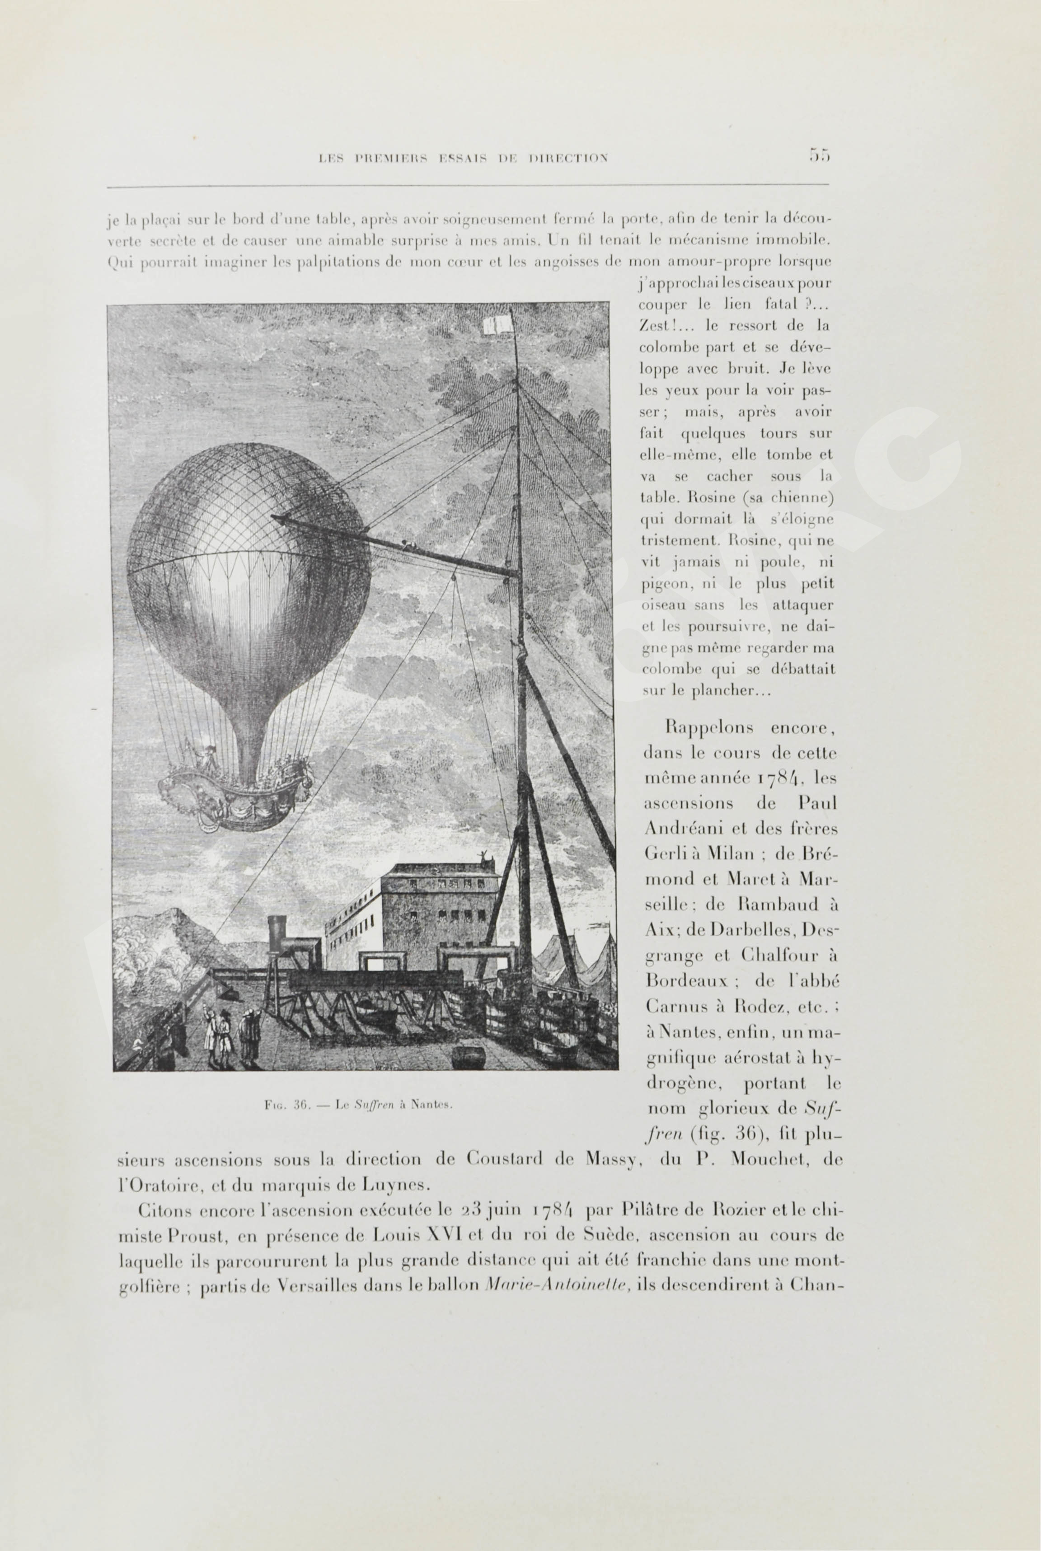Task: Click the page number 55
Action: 819,155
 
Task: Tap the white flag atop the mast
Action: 496,324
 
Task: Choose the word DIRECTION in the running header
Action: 567,158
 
